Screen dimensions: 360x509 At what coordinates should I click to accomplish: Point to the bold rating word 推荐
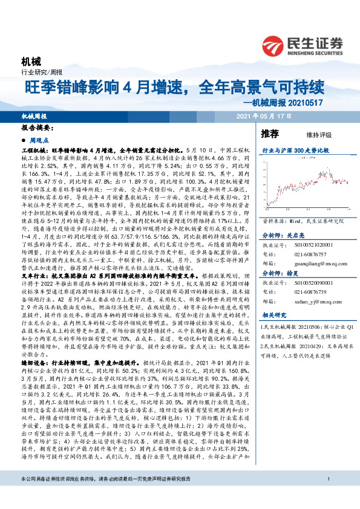point(269,133)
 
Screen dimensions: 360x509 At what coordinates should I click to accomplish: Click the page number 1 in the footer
point(327,497)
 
